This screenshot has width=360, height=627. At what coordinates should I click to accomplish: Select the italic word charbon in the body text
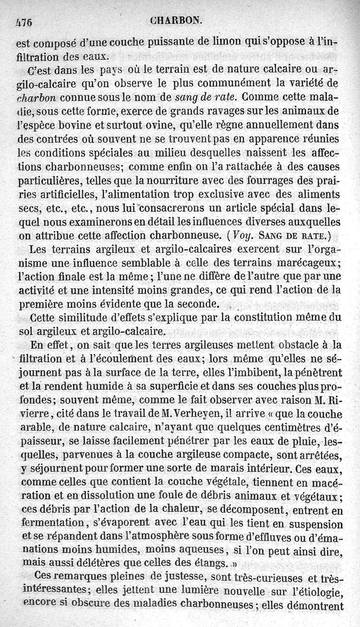point(44,98)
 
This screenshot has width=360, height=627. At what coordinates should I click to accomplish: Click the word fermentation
point(49,524)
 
